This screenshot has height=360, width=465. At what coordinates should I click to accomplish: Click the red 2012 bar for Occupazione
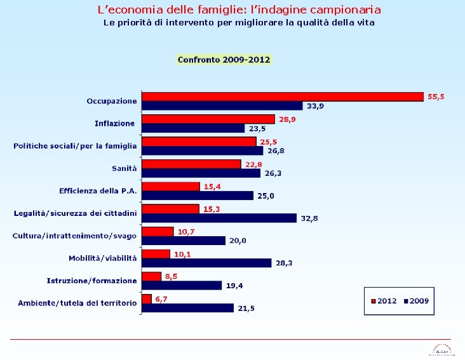pyautogui.click(x=282, y=97)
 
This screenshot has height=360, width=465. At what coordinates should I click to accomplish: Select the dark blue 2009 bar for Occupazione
pyautogui.click(x=222, y=105)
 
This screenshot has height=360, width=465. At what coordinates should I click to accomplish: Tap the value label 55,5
pyautogui.click(x=436, y=97)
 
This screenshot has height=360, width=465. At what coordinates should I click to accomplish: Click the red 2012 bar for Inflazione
pyautogui.click(x=208, y=119)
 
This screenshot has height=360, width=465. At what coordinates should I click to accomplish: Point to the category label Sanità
pyautogui.click(x=125, y=168)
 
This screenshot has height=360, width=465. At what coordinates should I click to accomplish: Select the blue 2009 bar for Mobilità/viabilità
pyautogui.click(x=206, y=262)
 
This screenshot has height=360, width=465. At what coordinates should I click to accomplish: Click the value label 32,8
pyautogui.click(x=309, y=218)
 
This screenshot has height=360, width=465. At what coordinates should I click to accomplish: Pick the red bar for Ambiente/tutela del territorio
pyautogui.click(x=147, y=298)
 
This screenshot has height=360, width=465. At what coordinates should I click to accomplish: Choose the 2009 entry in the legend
pyautogui.click(x=415, y=300)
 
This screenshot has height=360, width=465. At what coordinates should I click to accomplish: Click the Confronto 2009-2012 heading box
pyautogui.click(x=224, y=60)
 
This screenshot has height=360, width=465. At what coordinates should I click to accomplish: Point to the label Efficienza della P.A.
pyautogui.click(x=98, y=190)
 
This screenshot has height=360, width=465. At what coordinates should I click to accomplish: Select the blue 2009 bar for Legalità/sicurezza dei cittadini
pyautogui.click(x=219, y=218)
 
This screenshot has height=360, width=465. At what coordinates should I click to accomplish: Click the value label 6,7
pyautogui.click(x=161, y=298)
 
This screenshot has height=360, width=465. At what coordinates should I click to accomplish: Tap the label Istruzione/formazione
pyautogui.click(x=91, y=281)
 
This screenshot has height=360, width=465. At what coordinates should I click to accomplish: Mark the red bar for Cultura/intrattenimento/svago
pyautogui.click(x=158, y=231)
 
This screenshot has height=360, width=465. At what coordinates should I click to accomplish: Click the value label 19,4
pyautogui.click(x=234, y=286)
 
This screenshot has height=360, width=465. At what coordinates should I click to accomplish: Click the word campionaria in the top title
pyautogui.click(x=344, y=10)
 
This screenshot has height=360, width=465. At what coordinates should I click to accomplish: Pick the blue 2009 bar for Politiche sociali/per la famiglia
pyautogui.click(x=202, y=150)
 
